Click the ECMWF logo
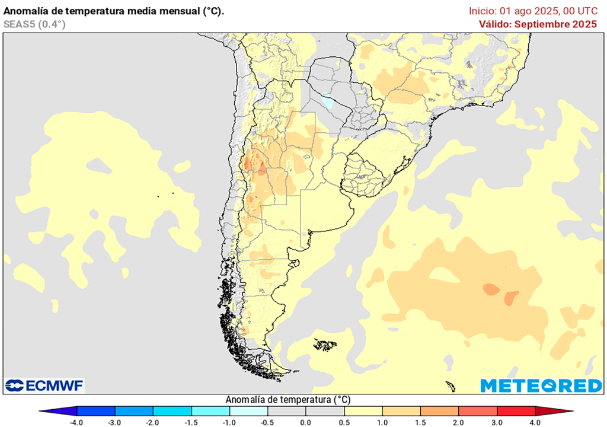point(44,385)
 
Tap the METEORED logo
point(541,385)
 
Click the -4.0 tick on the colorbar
point(76,422)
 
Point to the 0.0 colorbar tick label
point(305,422)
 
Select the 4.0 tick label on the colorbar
point(535,422)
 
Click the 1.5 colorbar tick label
point(420,422)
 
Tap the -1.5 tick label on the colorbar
point(191,422)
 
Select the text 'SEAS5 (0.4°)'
point(34,24)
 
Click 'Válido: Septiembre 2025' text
point(538,24)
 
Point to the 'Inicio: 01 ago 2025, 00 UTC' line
point(533,11)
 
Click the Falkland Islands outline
point(325,344)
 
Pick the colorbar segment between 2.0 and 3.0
point(478,411)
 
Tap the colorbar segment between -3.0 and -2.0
point(134,411)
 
